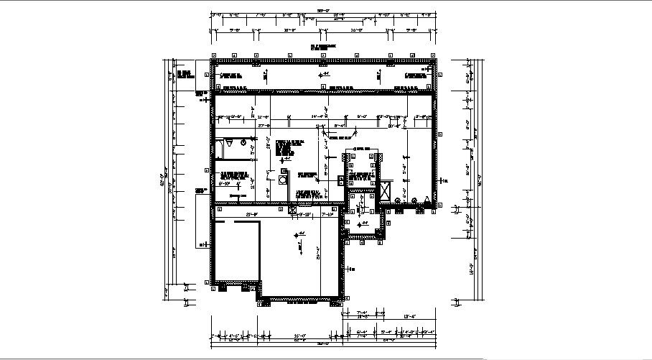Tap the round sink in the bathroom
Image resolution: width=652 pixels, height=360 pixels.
coord(243,143)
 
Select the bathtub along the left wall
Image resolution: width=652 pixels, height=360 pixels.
coord(218,149)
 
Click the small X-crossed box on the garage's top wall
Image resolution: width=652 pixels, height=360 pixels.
coord(292,209)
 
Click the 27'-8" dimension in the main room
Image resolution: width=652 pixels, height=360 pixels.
coord(264,126)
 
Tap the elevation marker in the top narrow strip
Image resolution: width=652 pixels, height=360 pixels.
coord(324,73)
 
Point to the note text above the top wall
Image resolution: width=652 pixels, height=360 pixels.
coord(323,47)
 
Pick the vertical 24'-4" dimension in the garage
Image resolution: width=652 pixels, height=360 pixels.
coord(317,253)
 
